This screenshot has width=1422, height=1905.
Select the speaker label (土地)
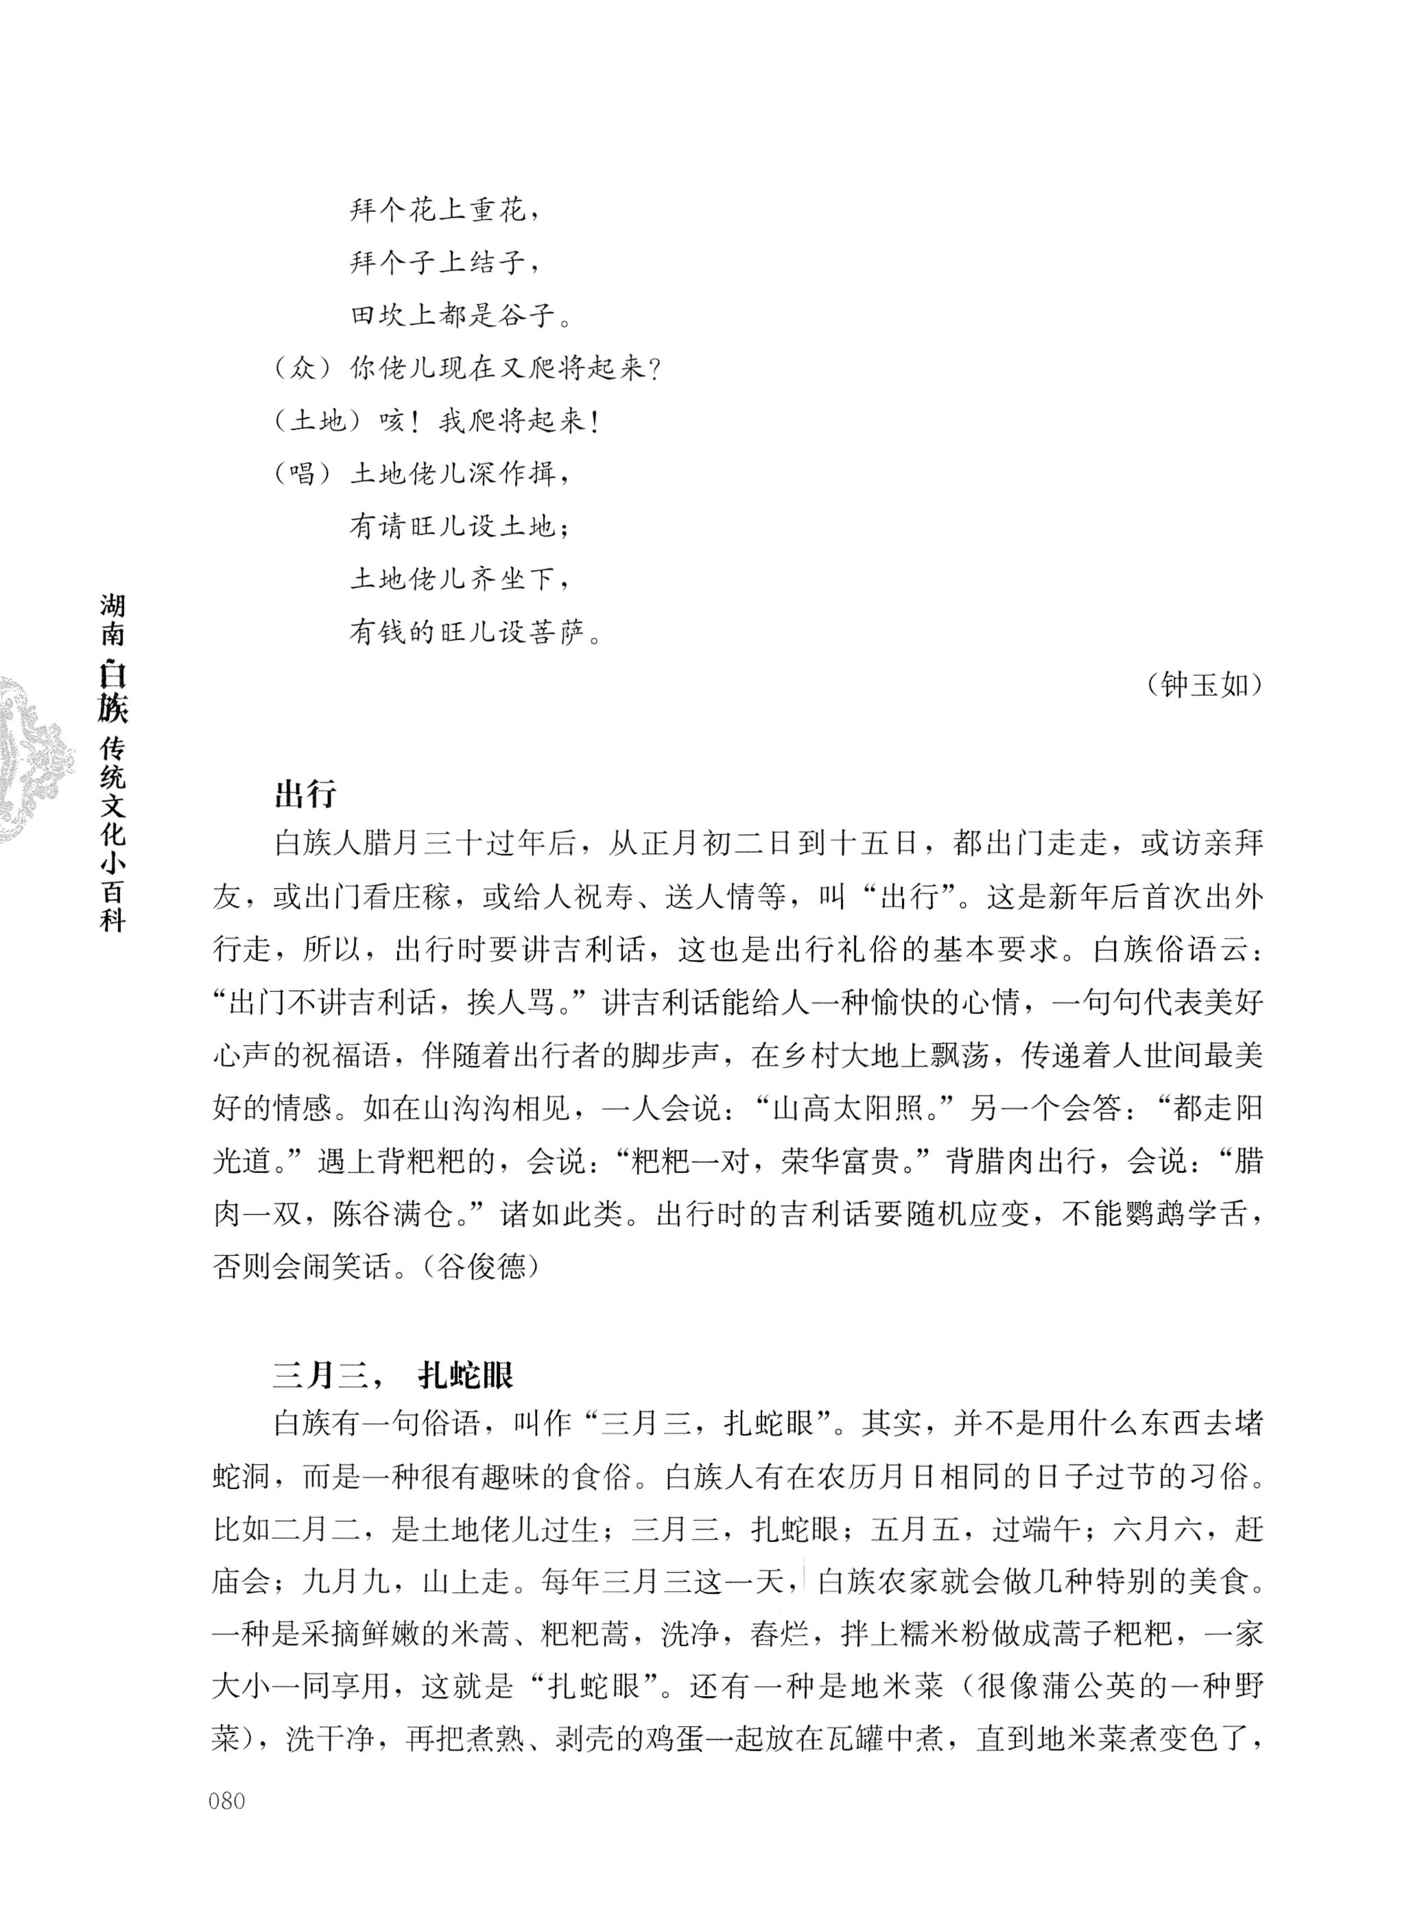coord(317,422)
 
